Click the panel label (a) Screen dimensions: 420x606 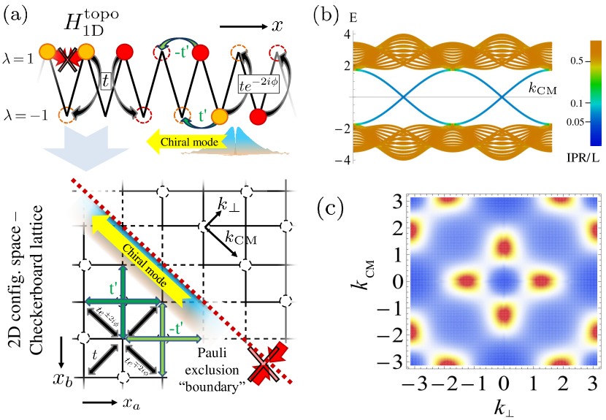point(17,12)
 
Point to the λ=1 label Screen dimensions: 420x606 point(20,56)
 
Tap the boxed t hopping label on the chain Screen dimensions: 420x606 point(106,83)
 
